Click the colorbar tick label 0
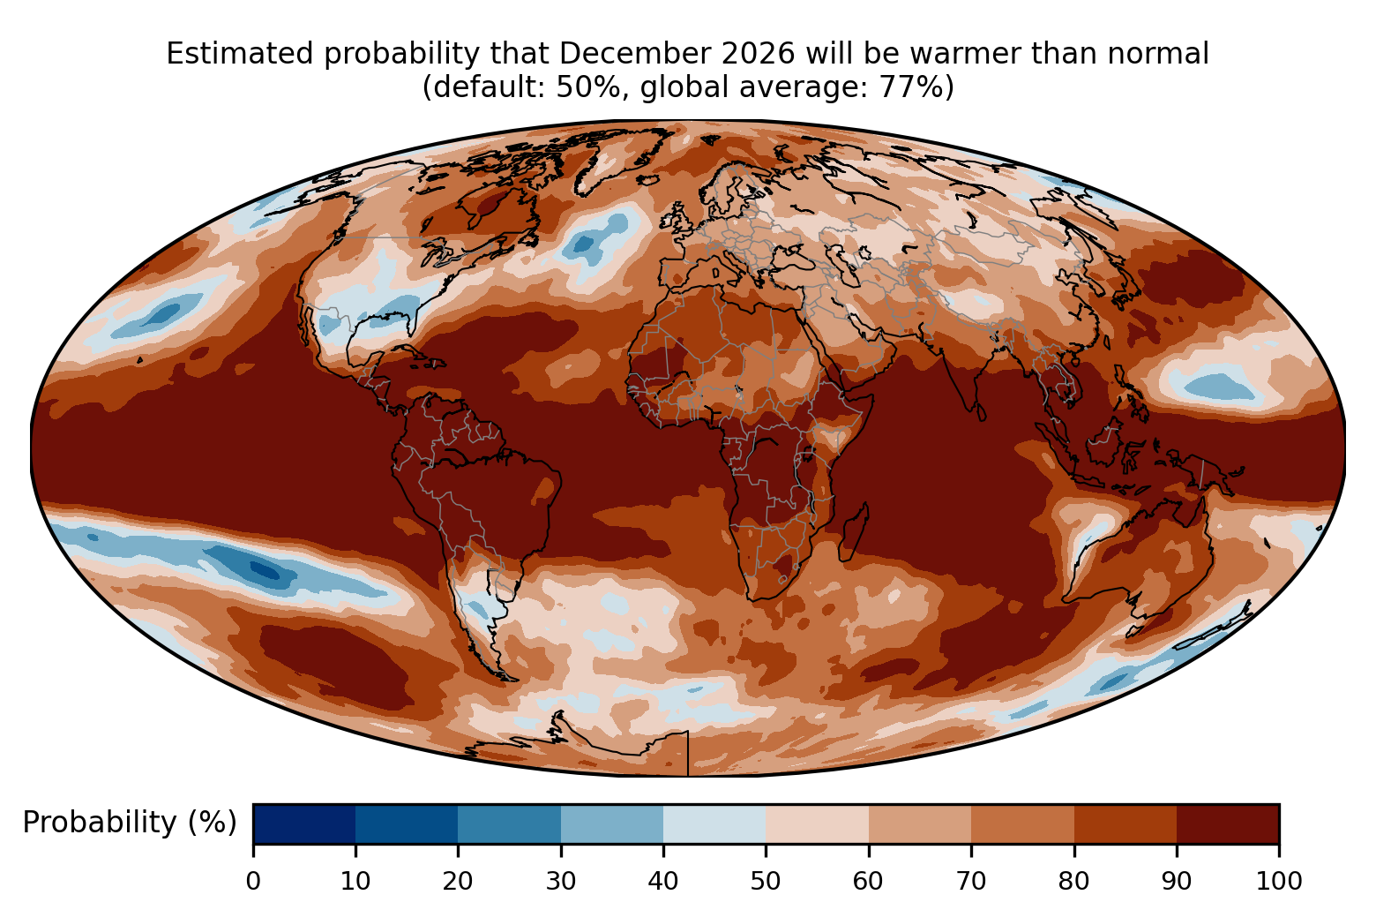[x=253, y=881]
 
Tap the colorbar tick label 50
[x=766, y=881]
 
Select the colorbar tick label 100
[x=1279, y=881]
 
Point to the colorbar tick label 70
[x=971, y=881]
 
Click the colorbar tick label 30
[x=561, y=881]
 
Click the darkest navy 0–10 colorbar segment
[x=304, y=824]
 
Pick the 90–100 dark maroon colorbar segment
[x=1228, y=824]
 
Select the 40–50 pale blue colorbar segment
[x=714, y=824]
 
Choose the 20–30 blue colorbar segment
[x=509, y=824]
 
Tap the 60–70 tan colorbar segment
[x=920, y=824]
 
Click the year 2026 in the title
[x=758, y=54]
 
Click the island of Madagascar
[x=854, y=532]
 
